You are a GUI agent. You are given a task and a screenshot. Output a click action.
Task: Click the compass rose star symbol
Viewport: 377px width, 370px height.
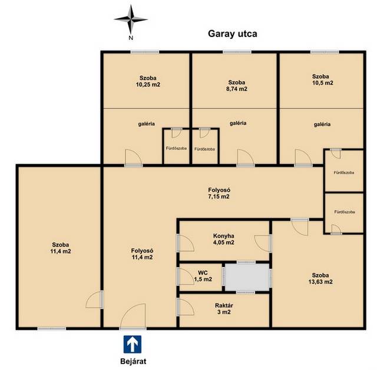click(131, 19)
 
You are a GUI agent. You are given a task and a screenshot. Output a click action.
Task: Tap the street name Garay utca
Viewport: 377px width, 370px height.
click(233, 34)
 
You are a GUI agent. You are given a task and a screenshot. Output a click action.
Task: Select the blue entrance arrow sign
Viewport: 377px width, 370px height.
click(133, 344)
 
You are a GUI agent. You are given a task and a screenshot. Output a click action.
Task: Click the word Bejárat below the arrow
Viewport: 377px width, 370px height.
click(133, 361)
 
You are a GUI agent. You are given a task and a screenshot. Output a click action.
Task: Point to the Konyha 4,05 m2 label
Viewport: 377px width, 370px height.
click(224, 239)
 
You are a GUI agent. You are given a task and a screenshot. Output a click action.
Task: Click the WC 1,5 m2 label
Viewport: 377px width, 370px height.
click(203, 276)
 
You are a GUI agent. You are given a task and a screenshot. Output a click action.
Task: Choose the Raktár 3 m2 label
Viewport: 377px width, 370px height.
click(224, 309)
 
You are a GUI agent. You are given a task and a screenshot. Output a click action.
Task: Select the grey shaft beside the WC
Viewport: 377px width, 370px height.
click(247, 276)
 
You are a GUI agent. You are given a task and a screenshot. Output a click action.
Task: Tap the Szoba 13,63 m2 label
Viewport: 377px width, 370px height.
click(320, 278)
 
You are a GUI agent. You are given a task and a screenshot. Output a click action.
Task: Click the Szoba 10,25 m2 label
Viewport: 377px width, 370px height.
click(148, 81)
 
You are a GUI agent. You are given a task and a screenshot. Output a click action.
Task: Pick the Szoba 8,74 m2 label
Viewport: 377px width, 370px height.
click(237, 86)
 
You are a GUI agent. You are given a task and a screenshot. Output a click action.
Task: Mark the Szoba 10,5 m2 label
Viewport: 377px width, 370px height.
click(323, 80)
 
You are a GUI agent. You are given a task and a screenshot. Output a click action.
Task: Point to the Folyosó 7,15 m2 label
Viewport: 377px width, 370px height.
click(219, 194)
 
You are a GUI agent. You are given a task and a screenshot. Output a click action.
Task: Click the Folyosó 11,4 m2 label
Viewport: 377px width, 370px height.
click(142, 254)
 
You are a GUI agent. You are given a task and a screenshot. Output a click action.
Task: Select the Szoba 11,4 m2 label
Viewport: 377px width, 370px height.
click(61, 248)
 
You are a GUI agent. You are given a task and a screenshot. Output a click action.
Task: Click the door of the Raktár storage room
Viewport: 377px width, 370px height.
click(186, 306)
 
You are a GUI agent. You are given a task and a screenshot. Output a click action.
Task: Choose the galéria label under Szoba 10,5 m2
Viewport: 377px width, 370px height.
click(322, 124)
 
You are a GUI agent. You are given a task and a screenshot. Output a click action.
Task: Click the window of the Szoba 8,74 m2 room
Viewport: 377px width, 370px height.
click(237, 52)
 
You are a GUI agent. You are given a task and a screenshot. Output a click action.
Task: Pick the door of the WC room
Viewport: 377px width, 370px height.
click(186, 276)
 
